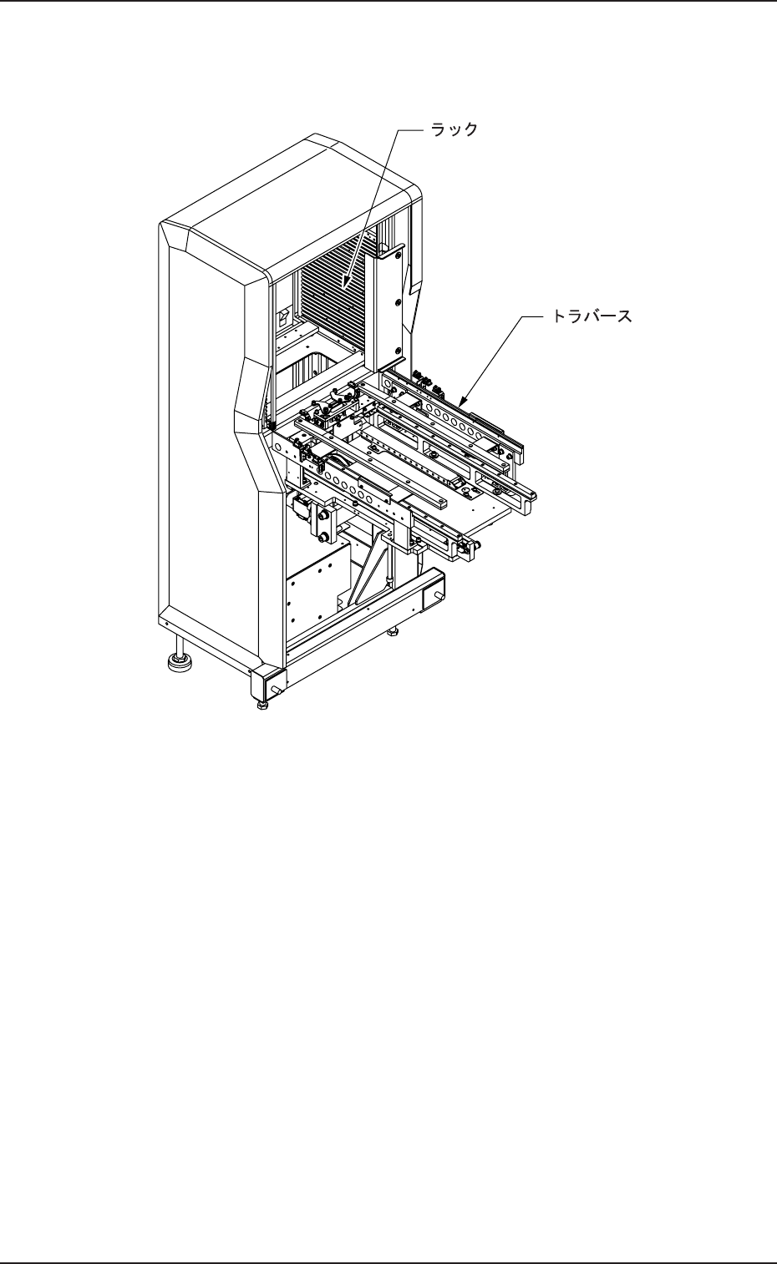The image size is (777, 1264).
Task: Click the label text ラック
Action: click(454, 129)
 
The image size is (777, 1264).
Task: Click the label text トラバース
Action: click(591, 316)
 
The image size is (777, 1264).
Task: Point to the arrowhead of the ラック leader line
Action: click(345, 290)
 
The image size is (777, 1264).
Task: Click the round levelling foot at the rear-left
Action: click(179, 663)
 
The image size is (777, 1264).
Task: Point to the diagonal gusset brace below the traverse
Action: click(368, 576)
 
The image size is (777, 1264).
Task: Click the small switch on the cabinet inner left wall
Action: click(282, 318)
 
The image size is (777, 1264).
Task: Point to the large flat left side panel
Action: click(205, 434)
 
